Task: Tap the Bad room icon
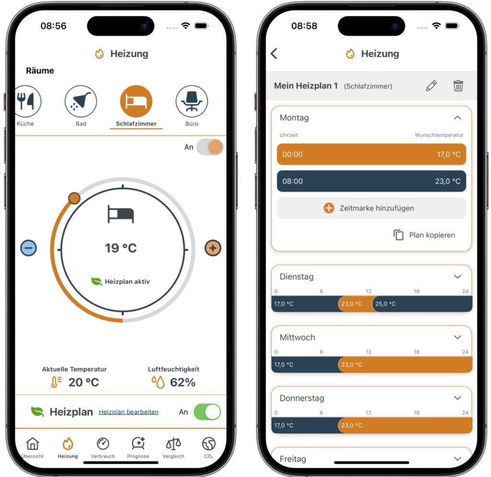tap(81, 102)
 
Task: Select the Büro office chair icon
tap(192, 102)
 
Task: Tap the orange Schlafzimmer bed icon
tap(136, 102)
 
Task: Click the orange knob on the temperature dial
tap(74, 198)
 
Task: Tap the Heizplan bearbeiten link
tap(129, 412)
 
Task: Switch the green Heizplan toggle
tap(207, 412)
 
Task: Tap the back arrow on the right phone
tap(274, 54)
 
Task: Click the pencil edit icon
tap(431, 86)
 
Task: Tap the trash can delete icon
tap(458, 86)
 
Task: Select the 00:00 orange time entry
tap(371, 154)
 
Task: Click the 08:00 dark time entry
tap(371, 182)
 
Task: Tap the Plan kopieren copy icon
tap(398, 235)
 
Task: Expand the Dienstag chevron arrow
tap(457, 277)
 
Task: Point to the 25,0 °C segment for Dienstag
tap(422, 304)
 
